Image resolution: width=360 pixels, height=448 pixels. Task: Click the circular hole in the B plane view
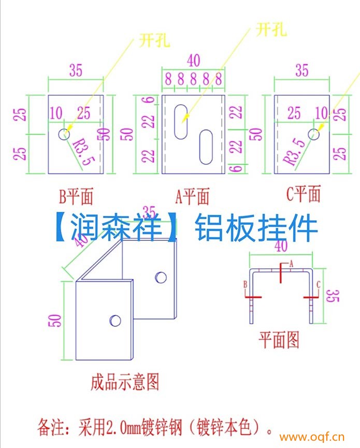coord(64,134)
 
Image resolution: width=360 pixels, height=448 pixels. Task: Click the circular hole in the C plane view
coord(314,134)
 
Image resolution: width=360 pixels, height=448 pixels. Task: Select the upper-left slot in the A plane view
coord(181,122)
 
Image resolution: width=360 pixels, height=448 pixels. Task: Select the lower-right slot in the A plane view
coord(206,147)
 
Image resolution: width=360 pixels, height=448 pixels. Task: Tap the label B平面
coord(76,197)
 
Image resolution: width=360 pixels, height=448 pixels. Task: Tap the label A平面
coord(192,196)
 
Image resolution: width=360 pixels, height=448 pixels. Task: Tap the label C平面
coord(304,194)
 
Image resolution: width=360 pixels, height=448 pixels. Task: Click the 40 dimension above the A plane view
coord(193,61)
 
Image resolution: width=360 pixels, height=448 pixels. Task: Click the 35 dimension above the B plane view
coord(76,70)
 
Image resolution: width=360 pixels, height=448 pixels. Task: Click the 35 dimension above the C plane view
coord(302,70)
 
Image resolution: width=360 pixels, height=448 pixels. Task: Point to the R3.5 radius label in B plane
coord(83,151)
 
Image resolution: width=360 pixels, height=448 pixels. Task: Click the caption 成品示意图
coord(124,382)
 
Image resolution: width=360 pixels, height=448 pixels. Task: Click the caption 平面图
coord(279,340)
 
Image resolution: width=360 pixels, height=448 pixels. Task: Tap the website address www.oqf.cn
coord(312,437)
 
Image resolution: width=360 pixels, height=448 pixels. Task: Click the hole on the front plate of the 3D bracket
coord(115,321)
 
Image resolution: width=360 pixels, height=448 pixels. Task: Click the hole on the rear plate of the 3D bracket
coord(161,277)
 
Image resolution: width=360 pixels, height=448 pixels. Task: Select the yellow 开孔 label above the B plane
coord(154,40)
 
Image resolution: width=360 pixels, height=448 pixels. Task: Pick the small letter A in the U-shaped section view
coord(291,264)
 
